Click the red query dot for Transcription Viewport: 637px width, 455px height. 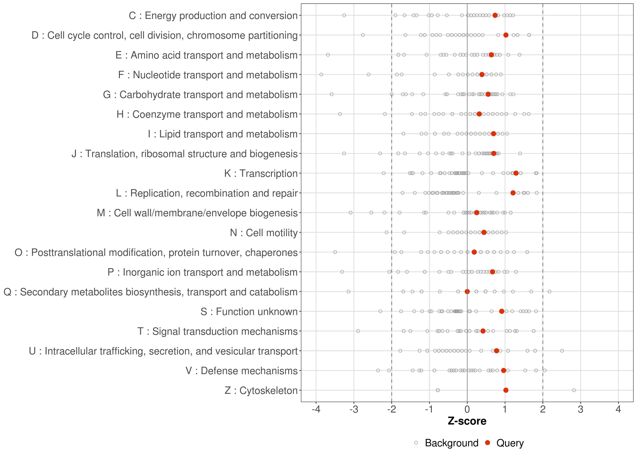(x=516, y=173)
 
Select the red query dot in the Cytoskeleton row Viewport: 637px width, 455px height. (x=506, y=390)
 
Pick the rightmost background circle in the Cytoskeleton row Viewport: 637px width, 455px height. (x=574, y=390)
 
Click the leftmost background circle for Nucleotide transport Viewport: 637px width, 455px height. (x=321, y=74)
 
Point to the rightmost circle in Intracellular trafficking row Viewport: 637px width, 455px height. (x=562, y=351)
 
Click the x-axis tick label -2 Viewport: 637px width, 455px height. (x=391, y=410)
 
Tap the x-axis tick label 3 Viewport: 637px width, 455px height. (x=580, y=410)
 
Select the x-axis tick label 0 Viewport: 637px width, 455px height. (x=467, y=410)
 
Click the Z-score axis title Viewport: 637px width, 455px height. (x=467, y=421)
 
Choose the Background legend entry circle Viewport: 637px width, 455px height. (x=416, y=443)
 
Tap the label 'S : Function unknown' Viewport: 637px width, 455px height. (x=249, y=312)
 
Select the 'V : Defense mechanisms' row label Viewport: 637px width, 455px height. (x=241, y=371)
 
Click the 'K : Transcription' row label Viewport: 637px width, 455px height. (x=261, y=173)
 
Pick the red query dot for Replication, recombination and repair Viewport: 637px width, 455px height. (x=513, y=193)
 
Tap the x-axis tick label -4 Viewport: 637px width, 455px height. (x=316, y=410)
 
